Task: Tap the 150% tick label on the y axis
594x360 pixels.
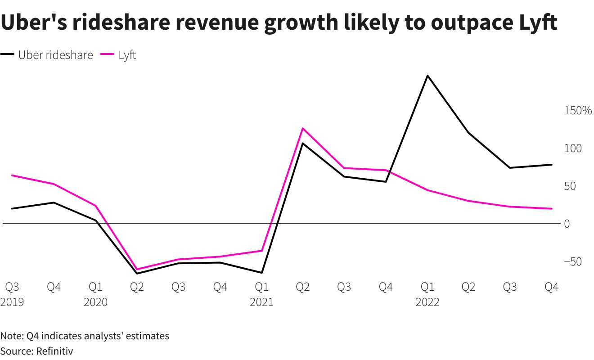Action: point(578,111)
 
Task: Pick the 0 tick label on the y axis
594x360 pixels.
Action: point(567,224)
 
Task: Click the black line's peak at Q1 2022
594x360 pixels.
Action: point(427,76)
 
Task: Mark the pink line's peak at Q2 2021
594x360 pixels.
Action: point(303,128)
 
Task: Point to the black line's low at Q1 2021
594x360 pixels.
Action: point(261,273)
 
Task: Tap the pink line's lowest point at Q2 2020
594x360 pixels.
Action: point(137,269)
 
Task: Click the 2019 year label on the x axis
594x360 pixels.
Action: point(12,302)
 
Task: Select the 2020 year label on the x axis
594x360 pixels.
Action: point(95,302)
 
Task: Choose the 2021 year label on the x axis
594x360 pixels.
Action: point(261,302)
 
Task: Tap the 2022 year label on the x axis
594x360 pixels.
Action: point(427,302)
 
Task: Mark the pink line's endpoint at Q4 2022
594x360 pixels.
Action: point(551,209)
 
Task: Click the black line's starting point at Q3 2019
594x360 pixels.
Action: point(12,209)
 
